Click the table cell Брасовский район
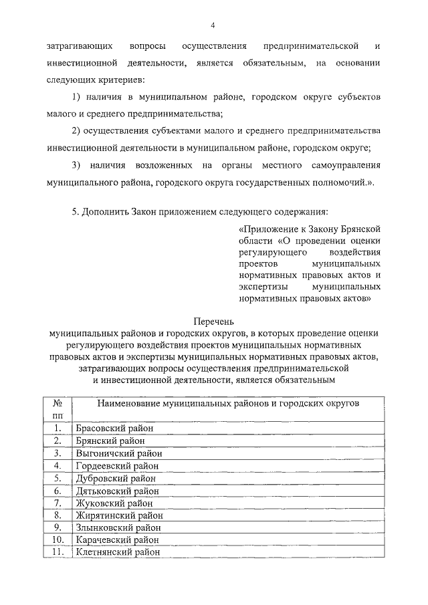[114, 429]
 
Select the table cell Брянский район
[110, 441]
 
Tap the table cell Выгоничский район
[119, 453]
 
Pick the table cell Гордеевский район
[118, 466]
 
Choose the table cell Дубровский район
[116, 479]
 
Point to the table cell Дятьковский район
[118, 491]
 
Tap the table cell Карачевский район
[118, 539]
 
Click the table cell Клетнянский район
[118, 552]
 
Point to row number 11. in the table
[58, 552]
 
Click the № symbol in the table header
[58, 404]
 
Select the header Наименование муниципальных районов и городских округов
[228, 404]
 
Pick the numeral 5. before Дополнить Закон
[76, 212]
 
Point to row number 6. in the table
[58, 491]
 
